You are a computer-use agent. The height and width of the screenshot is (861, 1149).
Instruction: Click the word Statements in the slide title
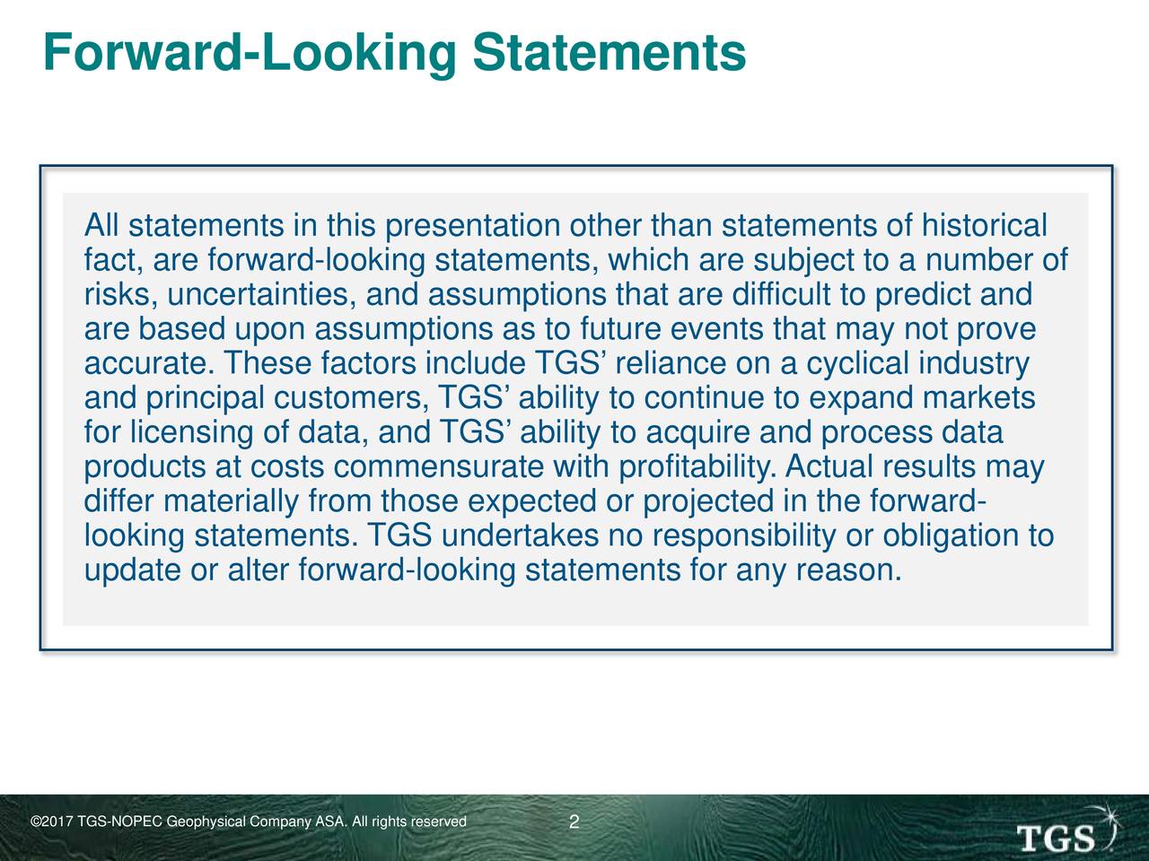tap(609, 52)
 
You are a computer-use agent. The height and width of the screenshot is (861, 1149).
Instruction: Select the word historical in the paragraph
tap(984, 225)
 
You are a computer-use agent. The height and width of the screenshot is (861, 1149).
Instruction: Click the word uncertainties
tap(257, 294)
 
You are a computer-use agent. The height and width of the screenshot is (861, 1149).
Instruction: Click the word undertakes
tap(520, 535)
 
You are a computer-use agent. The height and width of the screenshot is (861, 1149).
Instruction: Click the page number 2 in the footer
tap(574, 822)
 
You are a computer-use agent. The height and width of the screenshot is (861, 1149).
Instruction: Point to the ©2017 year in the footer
tap(51, 822)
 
